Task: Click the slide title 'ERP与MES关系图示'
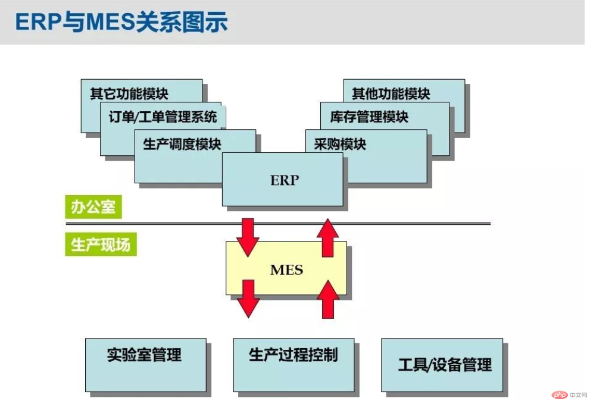[121, 21]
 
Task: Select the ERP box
[283, 180]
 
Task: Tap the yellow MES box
[286, 268]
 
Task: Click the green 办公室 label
[93, 206]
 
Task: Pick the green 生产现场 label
[101, 245]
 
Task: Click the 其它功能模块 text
[129, 93]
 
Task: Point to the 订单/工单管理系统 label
[163, 117]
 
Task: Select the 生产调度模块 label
[182, 144]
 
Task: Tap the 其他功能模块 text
[391, 93]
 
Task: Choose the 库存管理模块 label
[369, 117]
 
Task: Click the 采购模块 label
[340, 144]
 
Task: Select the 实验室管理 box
[146, 365]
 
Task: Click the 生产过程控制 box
[294, 365]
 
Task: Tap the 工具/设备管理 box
[442, 365]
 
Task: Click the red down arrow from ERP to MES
[248, 237]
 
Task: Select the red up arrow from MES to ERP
[327, 237]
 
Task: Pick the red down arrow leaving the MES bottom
[248, 299]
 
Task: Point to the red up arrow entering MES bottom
[328, 299]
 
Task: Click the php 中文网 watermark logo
[569, 394]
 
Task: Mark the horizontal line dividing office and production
[278, 224]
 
